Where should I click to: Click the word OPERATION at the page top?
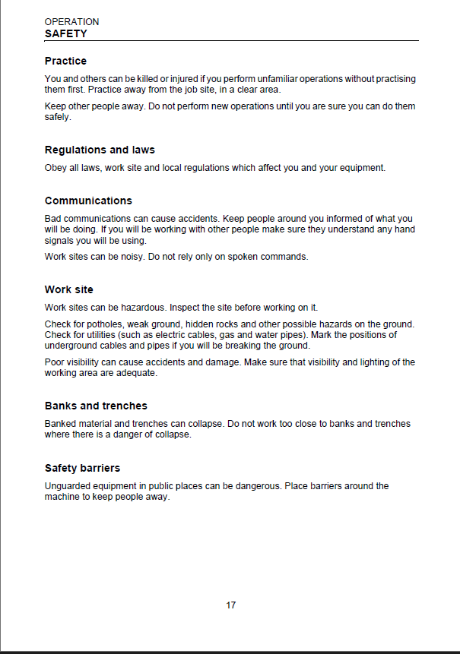tap(71, 22)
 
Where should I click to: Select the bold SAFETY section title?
tap(65, 33)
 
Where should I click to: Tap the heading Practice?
tap(65, 61)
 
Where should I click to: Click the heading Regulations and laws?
tap(100, 150)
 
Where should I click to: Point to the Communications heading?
tap(88, 201)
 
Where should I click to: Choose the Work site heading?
tap(69, 289)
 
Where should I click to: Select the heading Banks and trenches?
tap(96, 406)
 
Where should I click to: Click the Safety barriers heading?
tap(82, 468)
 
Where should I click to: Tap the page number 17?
tap(231, 605)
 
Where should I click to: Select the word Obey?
tap(56, 167)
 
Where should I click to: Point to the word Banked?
tap(61, 423)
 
